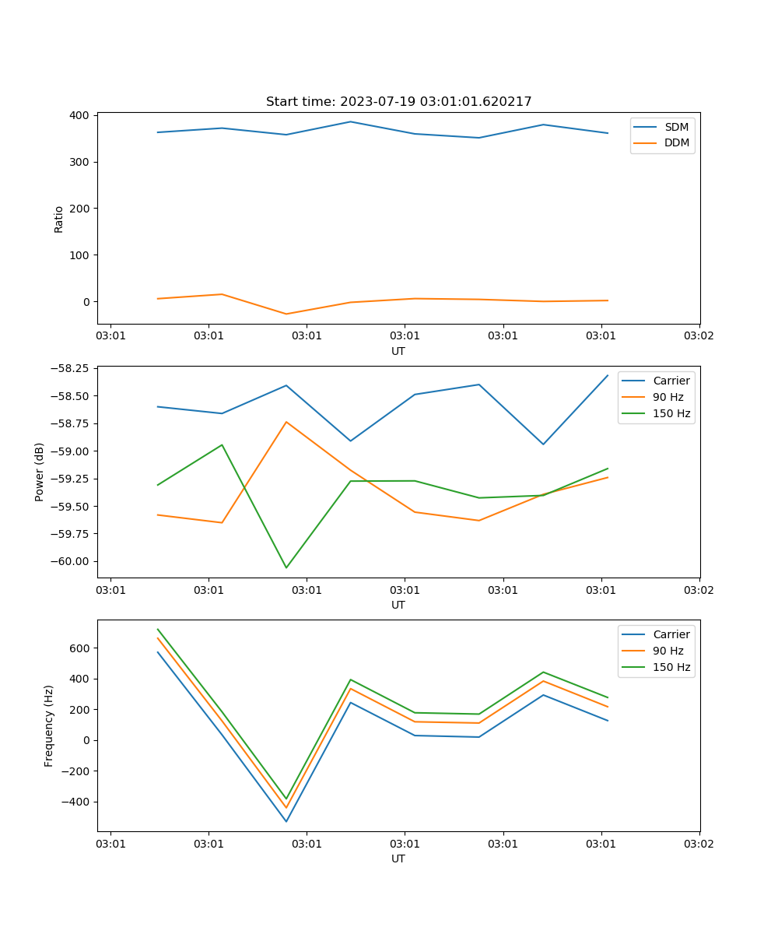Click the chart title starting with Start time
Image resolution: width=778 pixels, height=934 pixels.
[x=398, y=102]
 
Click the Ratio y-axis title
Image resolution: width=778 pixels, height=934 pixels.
[x=59, y=219]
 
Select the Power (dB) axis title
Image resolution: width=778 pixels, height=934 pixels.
[x=40, y=472]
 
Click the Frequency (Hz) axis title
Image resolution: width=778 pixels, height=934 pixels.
[x=49, y=725]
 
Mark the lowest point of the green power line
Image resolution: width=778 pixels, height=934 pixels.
[x=286, y=567]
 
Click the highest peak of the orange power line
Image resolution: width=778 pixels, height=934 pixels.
[x=286, y=422]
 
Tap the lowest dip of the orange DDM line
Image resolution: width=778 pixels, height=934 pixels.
[x=286, y=314]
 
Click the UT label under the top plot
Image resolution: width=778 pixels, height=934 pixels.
[x=398, y=351]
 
